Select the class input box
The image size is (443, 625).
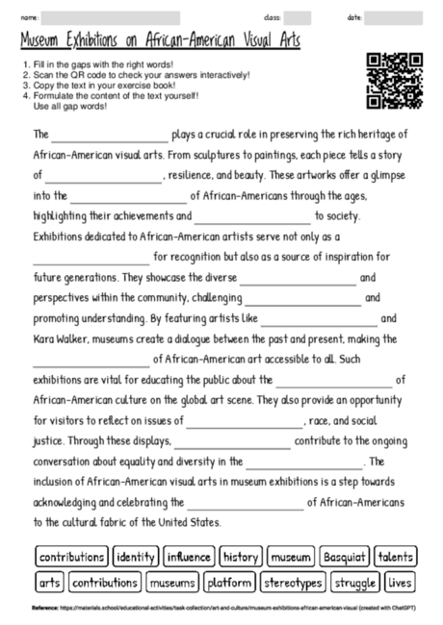click(x=298, y=17)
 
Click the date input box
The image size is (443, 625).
click(x=394, y=17)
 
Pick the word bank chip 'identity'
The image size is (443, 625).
click(x=136, y=557)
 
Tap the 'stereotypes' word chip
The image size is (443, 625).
click(x=293, y=582)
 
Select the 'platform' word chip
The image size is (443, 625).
click(x=229, y=582)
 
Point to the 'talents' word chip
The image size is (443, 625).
click(x=396, y=557)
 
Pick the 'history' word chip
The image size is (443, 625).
click(x=240, y=557)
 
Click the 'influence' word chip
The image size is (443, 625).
click(x=189, y=557)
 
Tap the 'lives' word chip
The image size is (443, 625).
click(x=401, y=582)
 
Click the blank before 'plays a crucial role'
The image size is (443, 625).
click(x=110, y=136)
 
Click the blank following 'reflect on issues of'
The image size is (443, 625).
click(x=245, y=422)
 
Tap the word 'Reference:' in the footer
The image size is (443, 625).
click(x=44, y=608)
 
